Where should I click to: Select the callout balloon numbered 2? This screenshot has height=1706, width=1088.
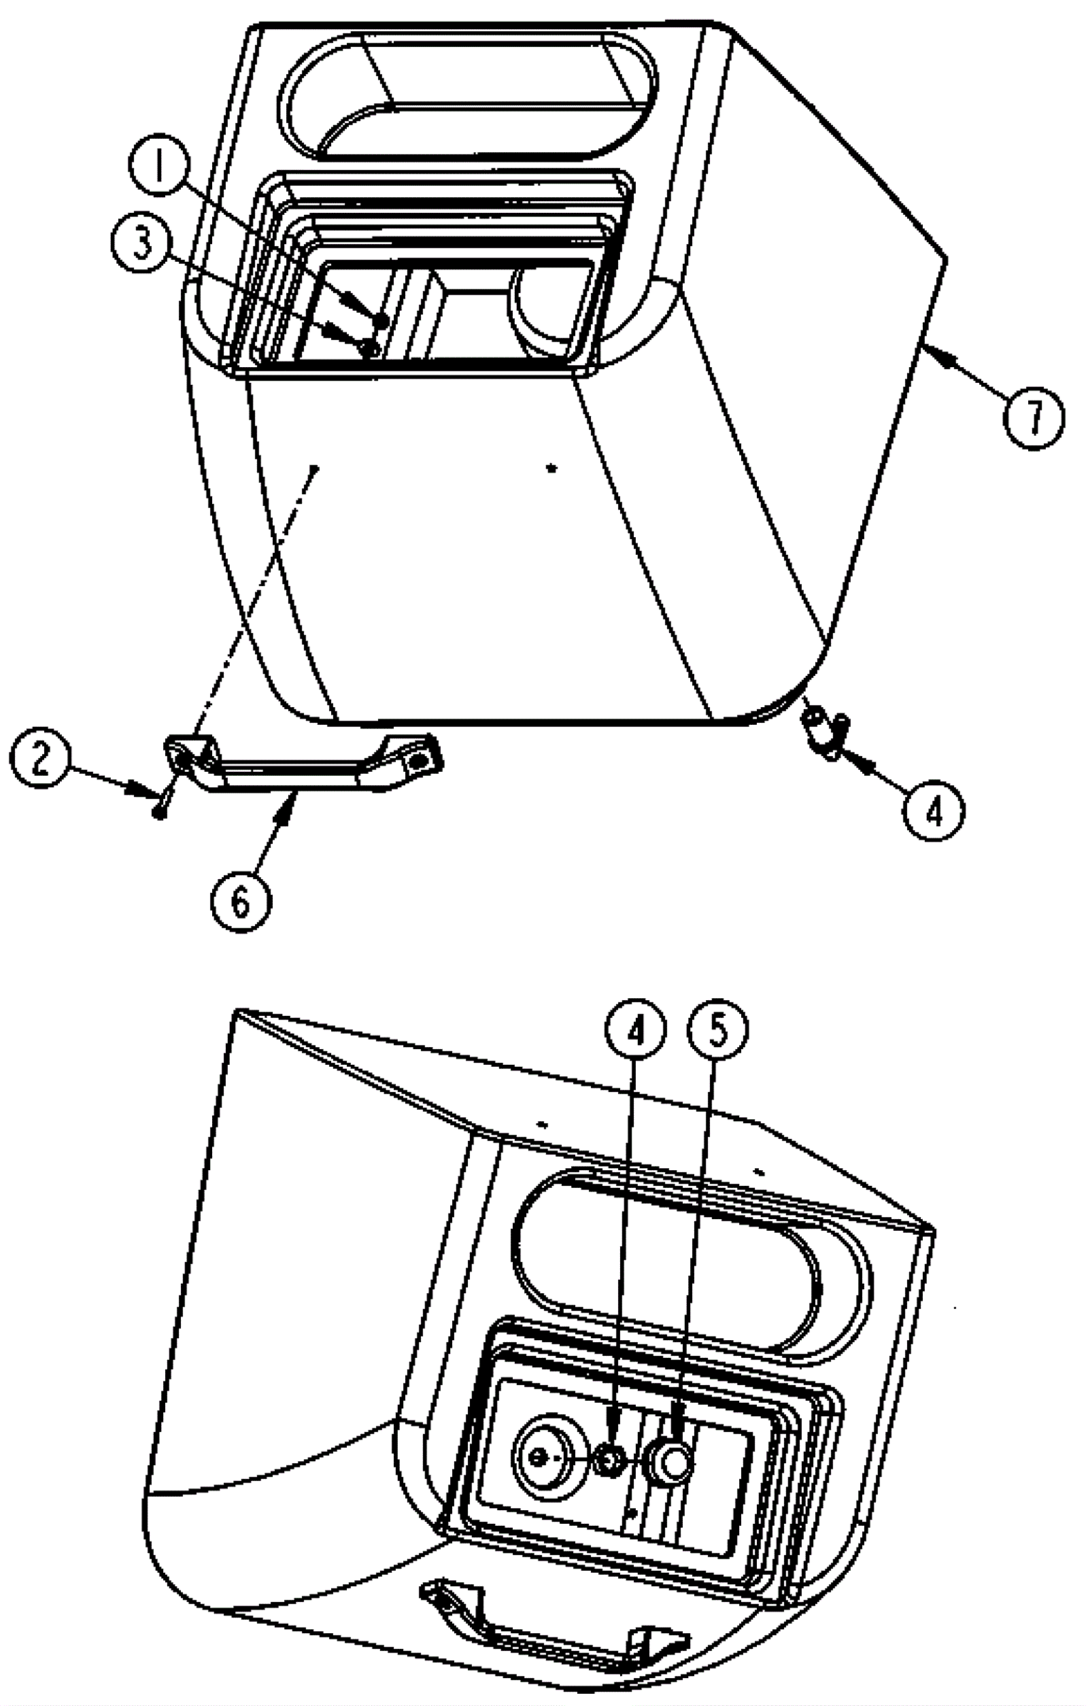(39, 759)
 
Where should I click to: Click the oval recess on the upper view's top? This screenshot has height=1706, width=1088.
(468, 96)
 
